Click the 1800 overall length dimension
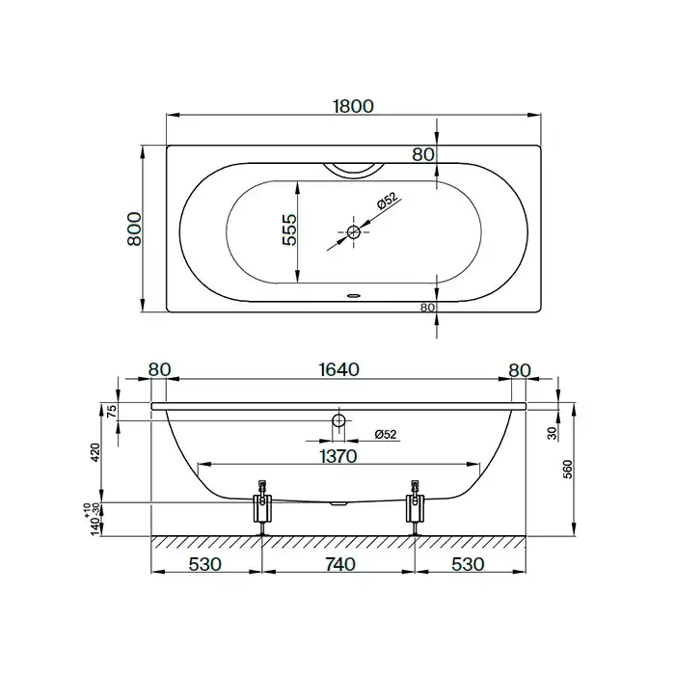(x=354, y=106)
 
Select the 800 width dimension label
(x=134, y=229)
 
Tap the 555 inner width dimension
(x=289, y=229)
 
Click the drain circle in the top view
(x=354, y=232)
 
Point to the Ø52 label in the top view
(x=386, y=201)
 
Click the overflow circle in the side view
(x=338, y=420)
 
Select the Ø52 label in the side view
(x=386, y=434)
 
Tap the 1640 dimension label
(x=338, y=369)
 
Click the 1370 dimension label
(x=338, y=456)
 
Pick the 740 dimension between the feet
(x=339, y=564)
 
